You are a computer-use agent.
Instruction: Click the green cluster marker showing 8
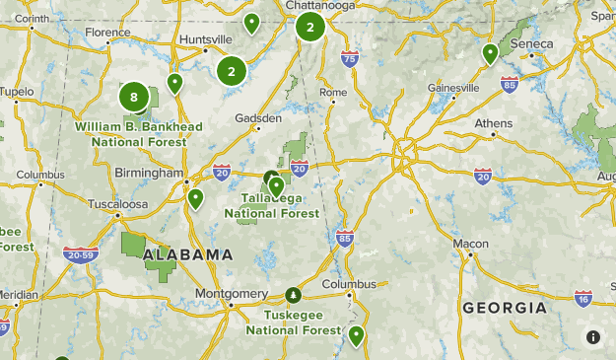[134, 97]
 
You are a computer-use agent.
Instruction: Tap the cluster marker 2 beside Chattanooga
[310, 27]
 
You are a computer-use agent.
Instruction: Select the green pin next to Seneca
[490, 53]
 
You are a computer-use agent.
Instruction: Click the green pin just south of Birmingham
[195, 198]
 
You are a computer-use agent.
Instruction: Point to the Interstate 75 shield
[350, 60]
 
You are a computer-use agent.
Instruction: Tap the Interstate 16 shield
[583, 298]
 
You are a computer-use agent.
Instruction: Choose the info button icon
[593, 337]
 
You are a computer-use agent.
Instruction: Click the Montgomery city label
[232, 294]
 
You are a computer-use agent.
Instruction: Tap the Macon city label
[471, 244]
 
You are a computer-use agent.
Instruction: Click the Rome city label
[334, 92]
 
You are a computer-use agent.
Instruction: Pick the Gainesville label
[453, 88]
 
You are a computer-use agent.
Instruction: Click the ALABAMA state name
[188, 254]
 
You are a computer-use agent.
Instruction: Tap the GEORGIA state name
[505, 308]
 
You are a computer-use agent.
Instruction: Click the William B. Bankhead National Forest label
[139, 134]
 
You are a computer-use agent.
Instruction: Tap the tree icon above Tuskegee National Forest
[293, 295]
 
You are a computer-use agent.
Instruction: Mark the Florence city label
[107, 33]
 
